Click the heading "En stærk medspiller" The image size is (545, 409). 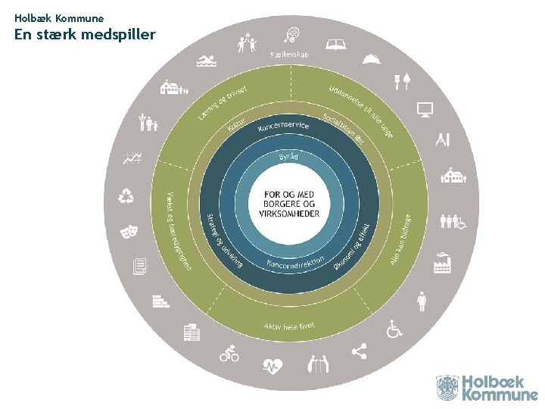pyautogui.click(x=85, y=34)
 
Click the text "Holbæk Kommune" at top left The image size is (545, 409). pyautogui.click(x=58, y=17)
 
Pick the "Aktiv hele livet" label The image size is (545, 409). pyautogui.click(x=289, y=326)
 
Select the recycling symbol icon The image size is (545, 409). pyautogui.click(x=126, y=197)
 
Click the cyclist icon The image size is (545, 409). pyautogui.click(x=229, y=352)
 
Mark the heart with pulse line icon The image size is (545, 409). pyautogui.click(x=272, y=366)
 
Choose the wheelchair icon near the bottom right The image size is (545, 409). pyautogui.click(x=394, y=329)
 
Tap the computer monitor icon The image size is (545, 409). pyautogui.click(x=425, y=110)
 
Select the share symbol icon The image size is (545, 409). pyautogui.click(x=359, y=351)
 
